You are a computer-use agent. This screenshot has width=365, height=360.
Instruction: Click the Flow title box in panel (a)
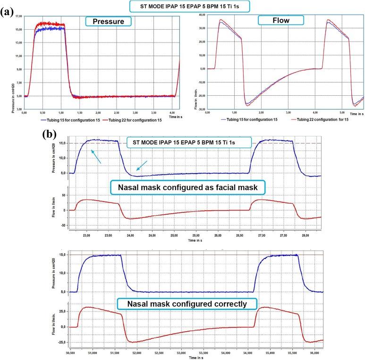tap(282, 20)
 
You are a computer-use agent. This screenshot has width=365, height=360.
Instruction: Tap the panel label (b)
tap(51, 134)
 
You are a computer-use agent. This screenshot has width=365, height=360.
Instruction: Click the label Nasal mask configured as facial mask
tap(189, 188)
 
